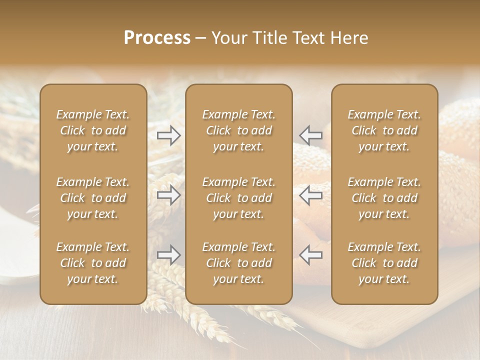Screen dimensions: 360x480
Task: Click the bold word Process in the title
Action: pyautogui.click(x=157, y=38)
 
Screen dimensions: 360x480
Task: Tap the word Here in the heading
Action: pyautogui.click(x=350, y=38)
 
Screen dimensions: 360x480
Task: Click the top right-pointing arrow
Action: pyautogui.click(x=169, y=135)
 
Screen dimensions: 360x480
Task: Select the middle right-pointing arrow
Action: pyautogui.click(x=169, y=195)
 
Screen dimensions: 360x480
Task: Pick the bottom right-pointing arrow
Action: pyautogui.click(x=169, y=255)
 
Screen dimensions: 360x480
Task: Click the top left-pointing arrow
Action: pyautogui.click(x=311, y=135)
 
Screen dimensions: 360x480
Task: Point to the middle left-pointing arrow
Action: pyautogui.click(x=311, y=195)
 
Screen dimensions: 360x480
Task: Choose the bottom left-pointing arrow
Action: pyautogui.click(x=311, y=255)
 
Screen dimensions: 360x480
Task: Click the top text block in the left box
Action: pyautogui.click(x=93, y=130)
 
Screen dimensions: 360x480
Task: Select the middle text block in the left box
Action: pyautogui.click(x=93, y=198)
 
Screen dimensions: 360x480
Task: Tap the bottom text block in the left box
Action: pyautogui.click(x=93, y=263)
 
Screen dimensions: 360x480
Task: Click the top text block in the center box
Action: pyautogui.click(x=239, y=130)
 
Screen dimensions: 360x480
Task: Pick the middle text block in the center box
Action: pyautogui.click(x=239, y=198)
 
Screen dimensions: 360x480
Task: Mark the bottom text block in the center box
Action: pyautogui.click(x=239, y=263)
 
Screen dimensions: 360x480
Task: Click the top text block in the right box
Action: pyautogui.click(x=384, y=130)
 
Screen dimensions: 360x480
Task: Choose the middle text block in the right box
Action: pyautogui.click(x=384, y=198)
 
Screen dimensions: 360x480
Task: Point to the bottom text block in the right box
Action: pyautogui.click(x=384, y=263)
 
